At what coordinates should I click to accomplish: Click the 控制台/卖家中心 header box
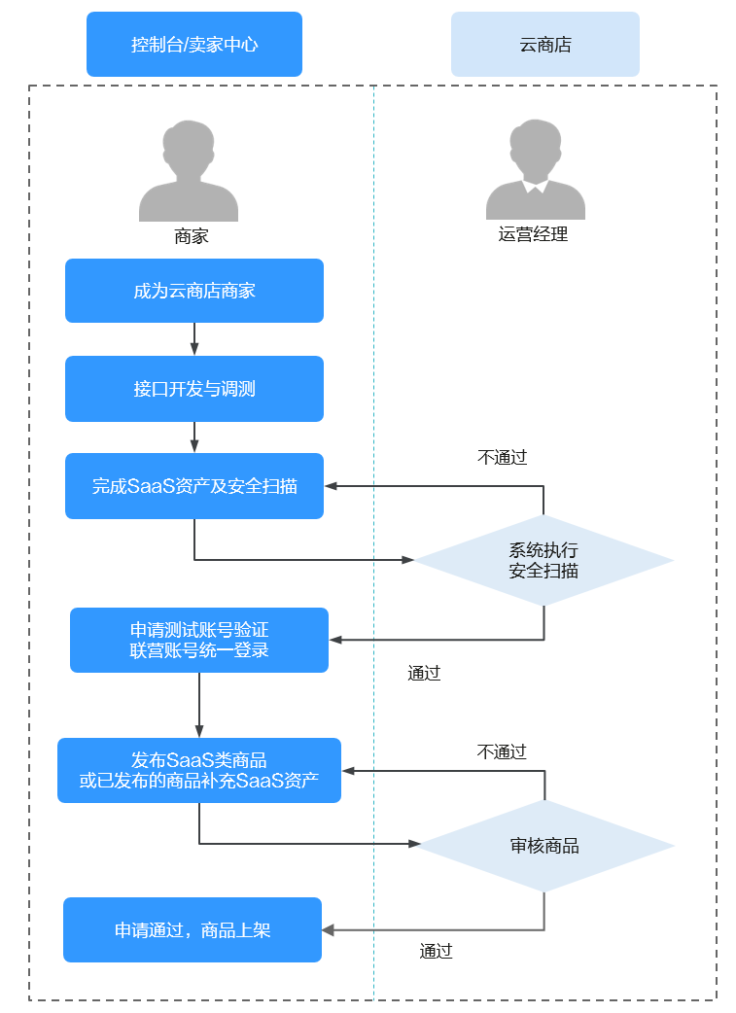[194, 44]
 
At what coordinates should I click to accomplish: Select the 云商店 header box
[544, 44]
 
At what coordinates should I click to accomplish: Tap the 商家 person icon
[189, 172]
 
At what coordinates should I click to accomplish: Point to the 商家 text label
[192, 236]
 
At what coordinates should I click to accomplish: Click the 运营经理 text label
[533, 234]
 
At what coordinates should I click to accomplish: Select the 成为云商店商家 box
[194, 291]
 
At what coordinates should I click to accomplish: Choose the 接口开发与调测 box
[194, 389]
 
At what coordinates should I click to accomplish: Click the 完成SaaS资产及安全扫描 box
[194, 486]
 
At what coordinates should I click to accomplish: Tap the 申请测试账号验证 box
[199, 640]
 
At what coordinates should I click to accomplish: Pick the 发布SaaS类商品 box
[199, 770]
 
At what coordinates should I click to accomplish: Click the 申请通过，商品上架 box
[193, 930]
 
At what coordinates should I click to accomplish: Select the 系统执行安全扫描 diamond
[543, 561]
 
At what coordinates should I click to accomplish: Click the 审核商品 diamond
[544, 846]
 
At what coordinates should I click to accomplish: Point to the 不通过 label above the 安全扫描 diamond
[503, 458]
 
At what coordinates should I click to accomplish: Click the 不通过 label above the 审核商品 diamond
[502, 751]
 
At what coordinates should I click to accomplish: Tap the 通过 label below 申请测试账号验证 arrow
[425, 673]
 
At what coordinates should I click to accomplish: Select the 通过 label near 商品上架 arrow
[437, 952]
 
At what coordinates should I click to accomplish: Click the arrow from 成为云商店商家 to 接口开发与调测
[194, 338]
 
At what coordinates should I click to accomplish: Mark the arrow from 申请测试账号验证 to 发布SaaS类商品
[199, 705]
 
